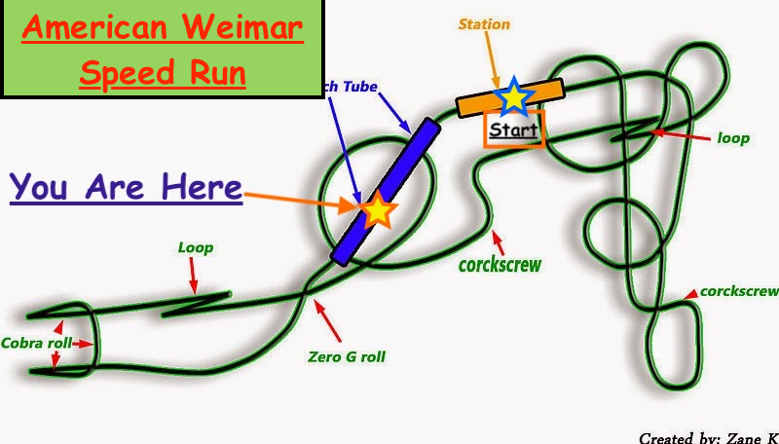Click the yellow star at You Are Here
pos(378,209)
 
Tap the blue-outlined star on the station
pos(513,96)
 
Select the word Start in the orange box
pos(513,129)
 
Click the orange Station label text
pos(484,23)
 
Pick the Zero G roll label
pos(346,356)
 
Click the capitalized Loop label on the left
pos(195,247)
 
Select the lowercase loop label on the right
pos(733,138)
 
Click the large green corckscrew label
pos(500,264)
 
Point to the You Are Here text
pos(126,187)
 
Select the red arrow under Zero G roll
pos(329,319)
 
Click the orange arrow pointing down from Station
pos(494,59)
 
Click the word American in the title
pos(104,27)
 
